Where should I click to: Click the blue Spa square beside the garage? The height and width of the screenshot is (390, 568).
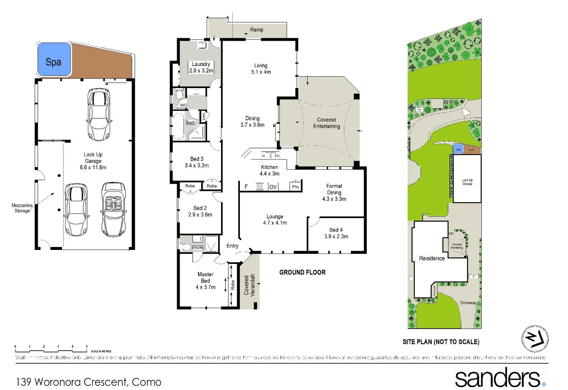coord(54,60)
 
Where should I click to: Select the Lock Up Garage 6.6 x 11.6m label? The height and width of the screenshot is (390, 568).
coord(93,161)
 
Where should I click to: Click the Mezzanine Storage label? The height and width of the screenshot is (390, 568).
coord(22,208)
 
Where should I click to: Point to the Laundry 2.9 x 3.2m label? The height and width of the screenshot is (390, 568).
coord(201,68)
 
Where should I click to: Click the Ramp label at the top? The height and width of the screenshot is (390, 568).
coord(257,30)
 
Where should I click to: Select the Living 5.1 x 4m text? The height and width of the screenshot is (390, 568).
coord(261,69)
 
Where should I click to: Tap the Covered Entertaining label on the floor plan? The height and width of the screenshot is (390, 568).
coord(326,123)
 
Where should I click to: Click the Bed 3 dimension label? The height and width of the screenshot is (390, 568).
coord(197,162)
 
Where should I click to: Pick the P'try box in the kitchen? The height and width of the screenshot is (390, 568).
coord(296,187)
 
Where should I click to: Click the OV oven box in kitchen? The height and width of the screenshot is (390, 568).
coord(273,187)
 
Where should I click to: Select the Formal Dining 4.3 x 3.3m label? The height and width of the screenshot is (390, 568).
coord(334,192)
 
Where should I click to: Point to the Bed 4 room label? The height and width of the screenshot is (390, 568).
coord(336,233)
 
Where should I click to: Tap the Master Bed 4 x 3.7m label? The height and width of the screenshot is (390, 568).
coord(205,281)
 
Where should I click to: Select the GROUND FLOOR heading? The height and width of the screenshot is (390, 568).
coord(302,272)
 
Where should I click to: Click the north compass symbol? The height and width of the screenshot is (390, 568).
coord(535,338)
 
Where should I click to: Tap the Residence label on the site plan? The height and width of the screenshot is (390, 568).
coord(432,259)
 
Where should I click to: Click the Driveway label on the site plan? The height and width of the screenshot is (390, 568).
coord(468,303)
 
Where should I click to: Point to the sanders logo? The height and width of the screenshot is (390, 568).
coord(499,377)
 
